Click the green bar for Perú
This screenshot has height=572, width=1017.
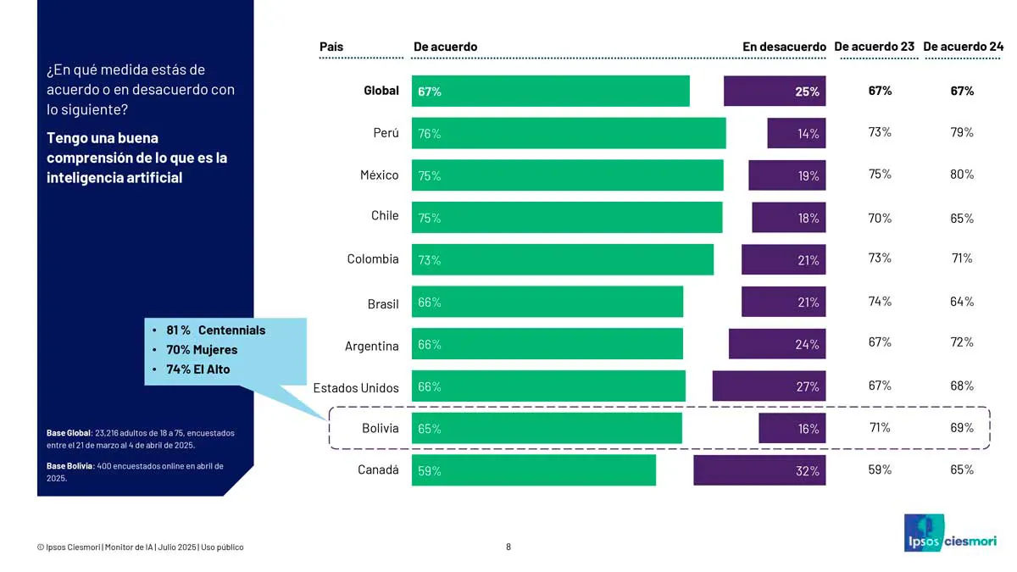(x=569, y=133)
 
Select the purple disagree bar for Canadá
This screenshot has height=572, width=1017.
(x=759, y=470)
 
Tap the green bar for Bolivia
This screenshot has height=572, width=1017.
(x=547, y=429)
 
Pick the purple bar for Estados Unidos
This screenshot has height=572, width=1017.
(x=769, y=386)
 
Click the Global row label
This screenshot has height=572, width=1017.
(x=381, y=91)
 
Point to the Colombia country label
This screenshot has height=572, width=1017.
(x=372, y=259)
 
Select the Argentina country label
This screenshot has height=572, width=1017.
(x=371, y=346)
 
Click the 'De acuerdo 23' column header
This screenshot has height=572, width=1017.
(x=874, y=47)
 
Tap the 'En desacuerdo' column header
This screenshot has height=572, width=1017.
(x=784, y=47)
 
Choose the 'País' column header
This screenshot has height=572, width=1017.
(x=331, y=47)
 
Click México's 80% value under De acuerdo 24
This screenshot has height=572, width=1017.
(x=962, y=175)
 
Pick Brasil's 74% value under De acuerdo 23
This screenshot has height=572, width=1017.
(x=880, y=302)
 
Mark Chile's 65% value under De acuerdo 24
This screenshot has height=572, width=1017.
(x=962, y=218)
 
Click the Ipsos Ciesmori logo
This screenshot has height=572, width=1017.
(x=950, y=533)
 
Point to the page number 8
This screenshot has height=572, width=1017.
(x=508, y=547)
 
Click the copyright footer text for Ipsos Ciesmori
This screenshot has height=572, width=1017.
(x=140, y=547)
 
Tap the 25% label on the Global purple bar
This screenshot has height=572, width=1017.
(x=807, y=92)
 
